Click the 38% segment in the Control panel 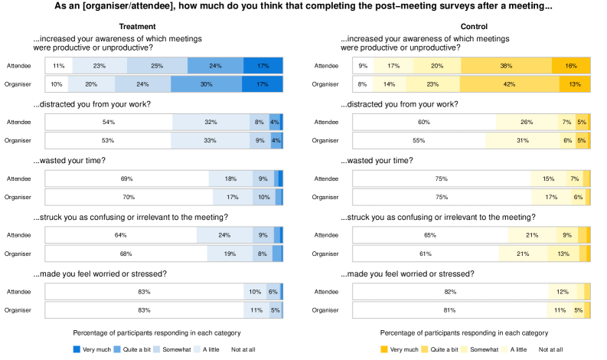click(x=505, y=66)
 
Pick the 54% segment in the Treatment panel click(x=109, y=122)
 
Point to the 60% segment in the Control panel click(x=423, y=122)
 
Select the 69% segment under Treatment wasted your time click(x=126, y=178)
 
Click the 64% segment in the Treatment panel click(x=121, y=235)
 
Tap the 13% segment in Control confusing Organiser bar click(x=563, y=254)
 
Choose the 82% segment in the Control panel click(x=449, y=292)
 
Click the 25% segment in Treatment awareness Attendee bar click(x=157, y=66)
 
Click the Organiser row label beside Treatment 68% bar click(x=19, y=254)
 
